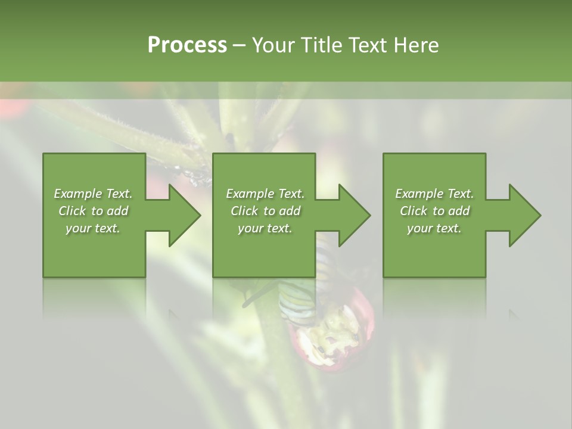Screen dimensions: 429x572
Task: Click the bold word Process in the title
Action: pyautogui.click(x=187, y=45)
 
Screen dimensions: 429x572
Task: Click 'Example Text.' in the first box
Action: pyautogui.click(x=93, y=194)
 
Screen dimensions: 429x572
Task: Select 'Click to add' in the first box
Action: pyautogui.click(x=93, y=211)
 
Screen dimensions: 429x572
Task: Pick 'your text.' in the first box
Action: pyautogui.click(x=93, y=228)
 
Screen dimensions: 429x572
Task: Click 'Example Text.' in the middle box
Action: pyautogui.click(x=265, y=194)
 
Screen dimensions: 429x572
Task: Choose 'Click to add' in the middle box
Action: pyautogui.click(x=265, y=211)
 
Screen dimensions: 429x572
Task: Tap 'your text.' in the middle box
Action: pyautogui.click(x=265, y=228)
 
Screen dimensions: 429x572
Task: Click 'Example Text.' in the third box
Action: pyautogui.click(x=434, y=194)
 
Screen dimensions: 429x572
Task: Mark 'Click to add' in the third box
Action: pyautogui.click(x=434, y=211)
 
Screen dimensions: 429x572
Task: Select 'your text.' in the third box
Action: pyautogui.click(x=434, y=228)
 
